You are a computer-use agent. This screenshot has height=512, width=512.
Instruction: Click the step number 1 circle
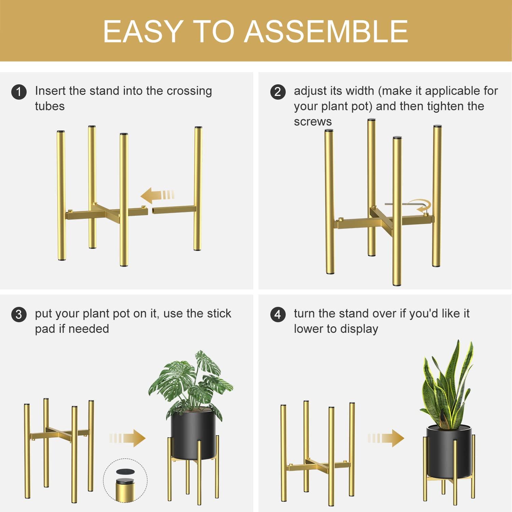pyautogui.click(x=19, y=92)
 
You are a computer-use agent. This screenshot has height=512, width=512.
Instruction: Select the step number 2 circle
pyautogui.click(x=278, y=92)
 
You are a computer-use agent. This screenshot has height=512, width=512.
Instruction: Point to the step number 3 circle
pyautogui.click(x=19, y=314)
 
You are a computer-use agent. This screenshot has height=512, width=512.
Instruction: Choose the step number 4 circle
pyautogui.click(x=278, y=314)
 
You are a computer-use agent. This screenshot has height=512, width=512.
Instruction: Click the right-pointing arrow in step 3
pyautogui.click(x=128, y=438)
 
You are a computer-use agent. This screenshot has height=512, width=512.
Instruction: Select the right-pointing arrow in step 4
pyautogui.click(x=386, y=438)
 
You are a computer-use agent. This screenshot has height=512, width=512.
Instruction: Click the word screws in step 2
pyautogui.click(x=313, y=122)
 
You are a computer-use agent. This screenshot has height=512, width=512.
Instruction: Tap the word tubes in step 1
pyautogui.click(x=50, y=106)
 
